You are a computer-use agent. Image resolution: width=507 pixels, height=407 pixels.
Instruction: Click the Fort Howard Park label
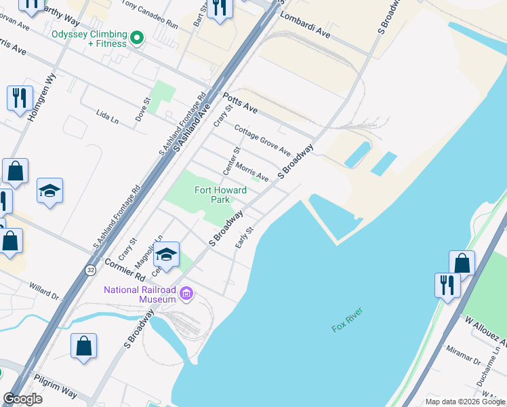pyautogui.click(x=220, y=195)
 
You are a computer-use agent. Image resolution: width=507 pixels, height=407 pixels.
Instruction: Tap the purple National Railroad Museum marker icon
pyautogui.click(x=187, y=294)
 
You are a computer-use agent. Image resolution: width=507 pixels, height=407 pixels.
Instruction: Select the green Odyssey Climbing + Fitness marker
pyautogui.click(x=137, y=38)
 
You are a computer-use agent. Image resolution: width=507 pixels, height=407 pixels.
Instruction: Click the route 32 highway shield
pyautogui.click(x=90, y=270)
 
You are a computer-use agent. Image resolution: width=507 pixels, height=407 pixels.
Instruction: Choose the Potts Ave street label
pyautogui.click(x=240, y=103)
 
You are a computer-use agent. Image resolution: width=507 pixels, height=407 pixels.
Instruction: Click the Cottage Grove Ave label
pyautogui.click(x=262, y=140)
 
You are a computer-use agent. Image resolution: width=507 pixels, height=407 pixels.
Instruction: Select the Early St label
pyautogui.click(x=244, y=237)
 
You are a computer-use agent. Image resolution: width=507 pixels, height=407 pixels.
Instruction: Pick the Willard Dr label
pyautogui.click(x=44, y=292)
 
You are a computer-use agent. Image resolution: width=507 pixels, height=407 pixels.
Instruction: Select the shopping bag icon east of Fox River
pyautogui.click(x=462, y=263)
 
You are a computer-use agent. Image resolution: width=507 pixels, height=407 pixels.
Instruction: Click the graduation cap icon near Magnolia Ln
pyautogui.click(x=166, y=254)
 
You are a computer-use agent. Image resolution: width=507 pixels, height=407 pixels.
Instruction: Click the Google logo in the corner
pyautogui.click(x=22, y=399)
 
